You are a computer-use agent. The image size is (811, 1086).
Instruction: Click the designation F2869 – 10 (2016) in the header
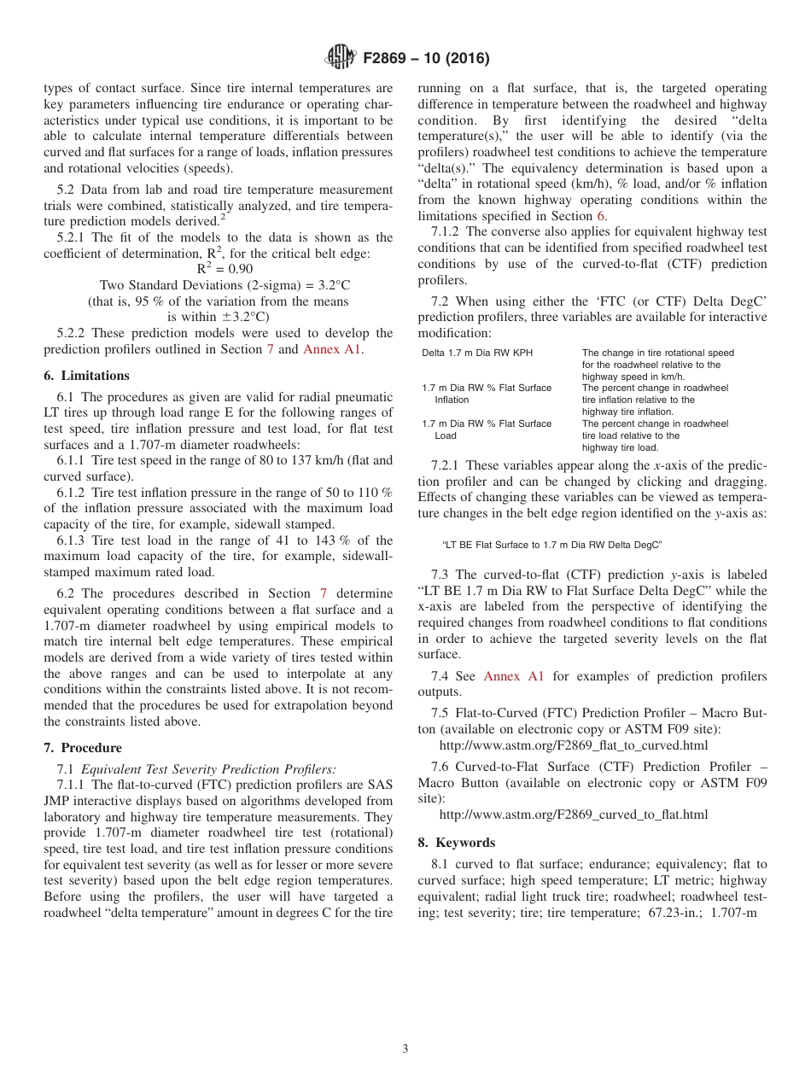[425, 59]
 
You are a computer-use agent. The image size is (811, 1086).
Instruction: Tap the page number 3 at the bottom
[405, 1049]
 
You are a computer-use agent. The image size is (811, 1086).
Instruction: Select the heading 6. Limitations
[86, 376]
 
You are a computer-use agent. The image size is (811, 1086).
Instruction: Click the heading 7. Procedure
[82, 748]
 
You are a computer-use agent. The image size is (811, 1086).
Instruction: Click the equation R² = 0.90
[219, 269]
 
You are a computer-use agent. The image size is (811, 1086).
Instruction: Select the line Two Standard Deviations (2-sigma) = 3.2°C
[219, 285]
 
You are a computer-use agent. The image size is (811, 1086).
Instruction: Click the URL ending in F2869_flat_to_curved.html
[573, 745]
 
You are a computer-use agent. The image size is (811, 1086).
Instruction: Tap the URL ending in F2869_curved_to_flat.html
[573, 814]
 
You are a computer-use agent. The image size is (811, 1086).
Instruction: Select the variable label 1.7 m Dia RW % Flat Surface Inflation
[487, 394]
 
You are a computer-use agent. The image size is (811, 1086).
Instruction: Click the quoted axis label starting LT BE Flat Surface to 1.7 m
[551, 545]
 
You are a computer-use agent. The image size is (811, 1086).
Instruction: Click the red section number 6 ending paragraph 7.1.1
[600, 216]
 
